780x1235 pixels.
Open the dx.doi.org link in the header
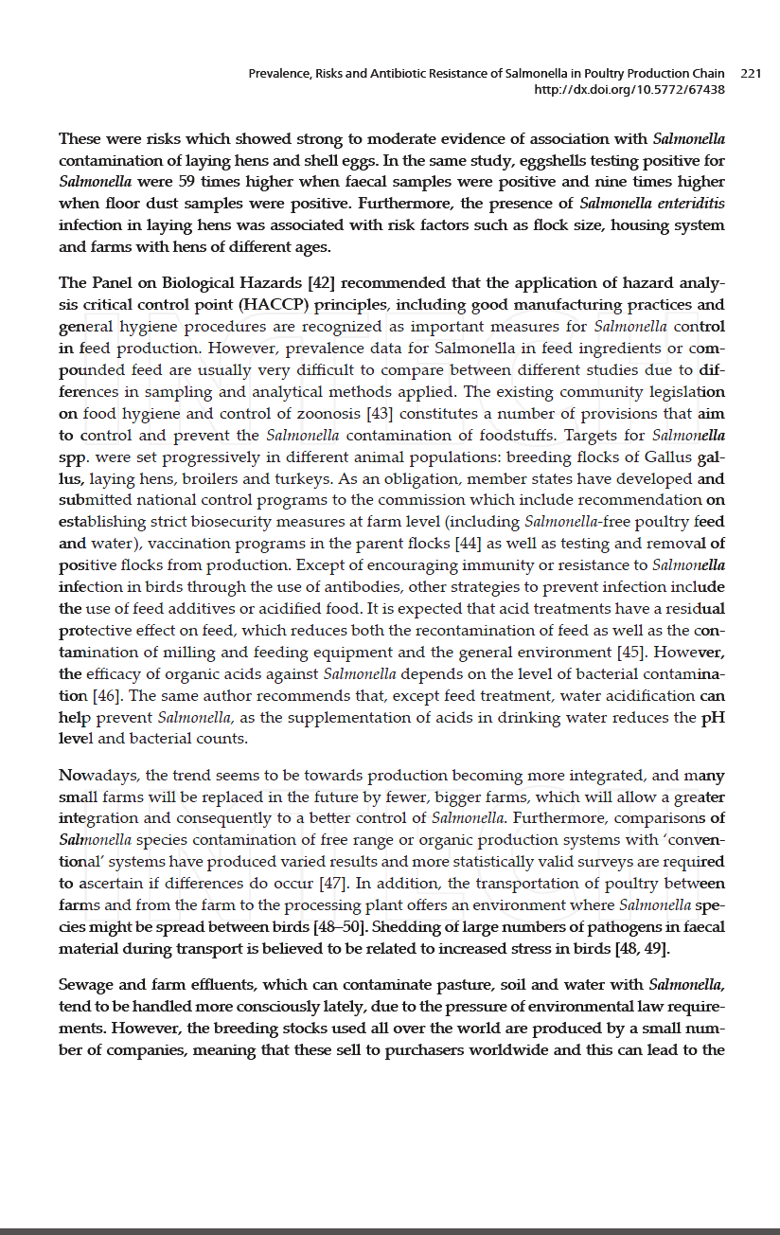click(x=629, y=89)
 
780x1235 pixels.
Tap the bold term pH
click(x=712, y=718)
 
